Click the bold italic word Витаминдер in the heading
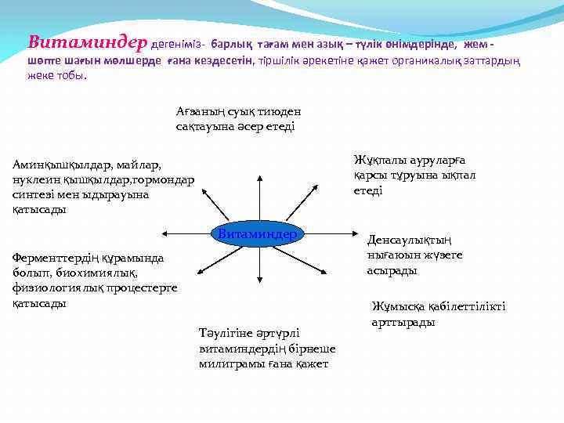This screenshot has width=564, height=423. [x=85, y=42]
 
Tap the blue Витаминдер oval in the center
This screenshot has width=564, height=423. [x=257, y=234]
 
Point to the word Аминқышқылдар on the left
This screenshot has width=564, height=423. [x=60, y=165]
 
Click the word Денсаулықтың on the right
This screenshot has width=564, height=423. [x=411, y=240]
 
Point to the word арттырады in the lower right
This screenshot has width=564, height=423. [x=403, y=322]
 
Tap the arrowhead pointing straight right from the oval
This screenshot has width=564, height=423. [x=349, y=233]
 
